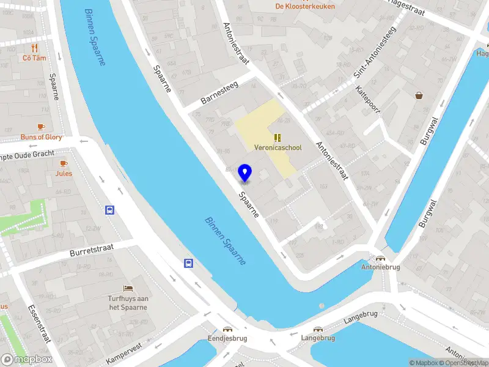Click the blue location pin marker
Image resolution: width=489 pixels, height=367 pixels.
(x=245, y=172)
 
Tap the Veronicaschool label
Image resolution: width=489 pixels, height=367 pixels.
(x=278, y=147)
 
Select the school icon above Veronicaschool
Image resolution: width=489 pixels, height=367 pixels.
(x=278, y=138)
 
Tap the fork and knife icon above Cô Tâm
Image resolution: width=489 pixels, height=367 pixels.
(x=35, y=47)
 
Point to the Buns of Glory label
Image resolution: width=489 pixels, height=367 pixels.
(x=41, y=137)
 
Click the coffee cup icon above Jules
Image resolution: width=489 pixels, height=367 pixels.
(x=64, y=163)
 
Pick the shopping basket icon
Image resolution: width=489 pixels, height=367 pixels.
(x=419, y=95)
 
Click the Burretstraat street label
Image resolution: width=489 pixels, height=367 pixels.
(x=94, y=251)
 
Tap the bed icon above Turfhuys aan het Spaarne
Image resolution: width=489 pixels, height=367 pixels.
(x=128, y=288)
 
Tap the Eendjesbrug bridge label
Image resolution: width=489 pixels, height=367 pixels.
(x=227, y=338)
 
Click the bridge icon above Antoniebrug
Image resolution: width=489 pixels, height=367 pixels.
(x=381, y=259)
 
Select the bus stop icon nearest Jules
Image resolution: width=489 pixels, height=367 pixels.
(x=109, y=210)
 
